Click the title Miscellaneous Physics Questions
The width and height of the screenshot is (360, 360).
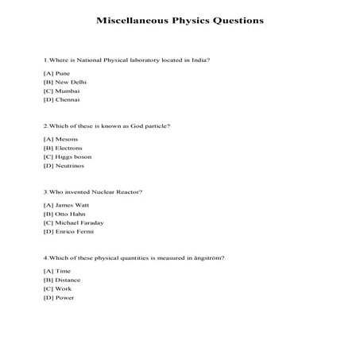(x=180, y=21)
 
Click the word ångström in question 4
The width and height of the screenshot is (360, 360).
(x=205, y=257)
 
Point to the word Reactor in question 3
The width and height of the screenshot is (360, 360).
(x=128, y=192)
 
